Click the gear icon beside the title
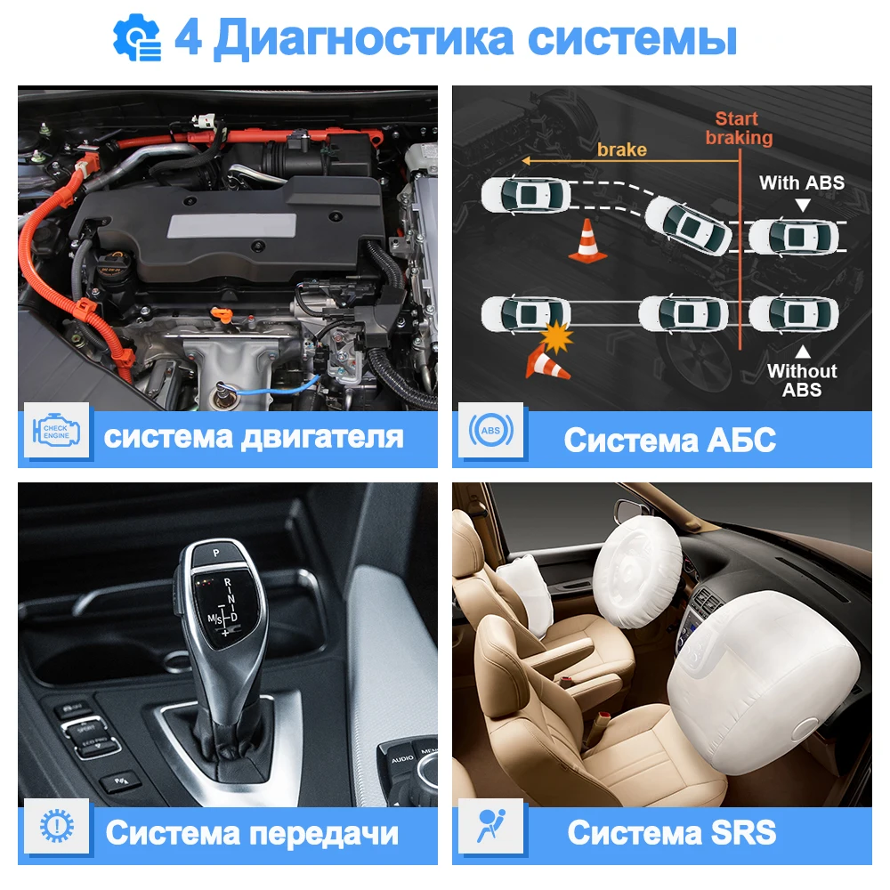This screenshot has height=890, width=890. [x=137, y=38]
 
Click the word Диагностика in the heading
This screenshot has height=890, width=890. [x=362, y=38]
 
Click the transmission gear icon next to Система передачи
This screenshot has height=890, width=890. [x=56, y=829]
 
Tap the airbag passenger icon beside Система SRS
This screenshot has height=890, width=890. [x=490, y=829]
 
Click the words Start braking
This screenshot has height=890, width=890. [x=738, y=128]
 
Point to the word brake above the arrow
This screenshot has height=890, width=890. [x=621, y=149]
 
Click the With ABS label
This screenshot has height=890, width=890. [x=801, y=183]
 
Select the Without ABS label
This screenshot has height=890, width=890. [x=802, y=380]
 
